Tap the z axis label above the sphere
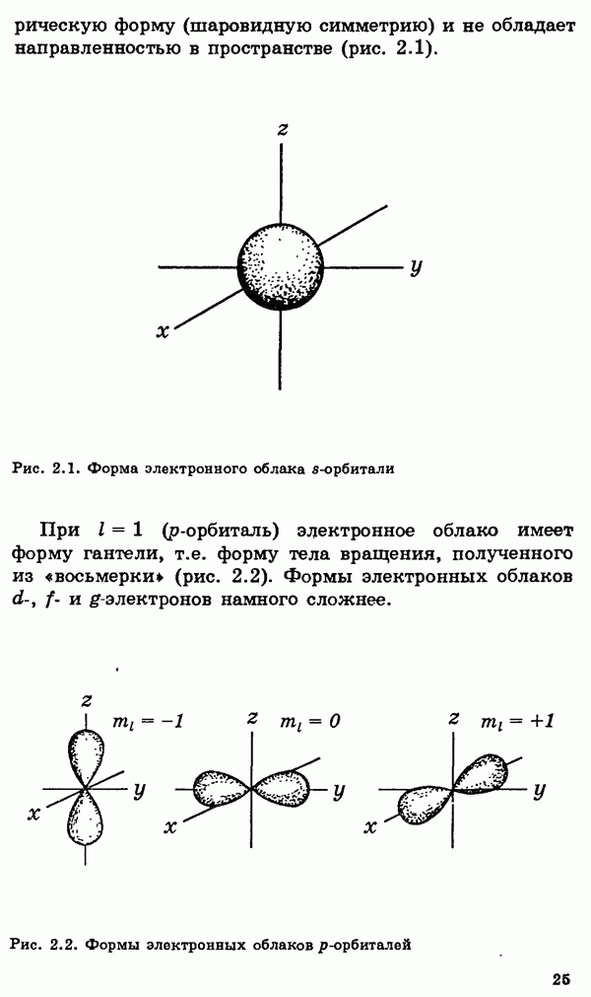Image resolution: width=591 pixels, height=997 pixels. click(x=283, y=130)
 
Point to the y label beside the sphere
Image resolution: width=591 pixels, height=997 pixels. click(x=416, y=265)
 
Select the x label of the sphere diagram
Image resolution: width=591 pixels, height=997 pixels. click(x=163, y=331)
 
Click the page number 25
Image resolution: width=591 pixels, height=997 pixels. click(x=561, y=979)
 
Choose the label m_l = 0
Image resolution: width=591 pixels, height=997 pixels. click(x=309, y=721)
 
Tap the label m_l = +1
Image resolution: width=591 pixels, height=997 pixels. click(x=517, y=721)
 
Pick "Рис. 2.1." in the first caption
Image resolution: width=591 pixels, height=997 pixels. click(x=45, y=469)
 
